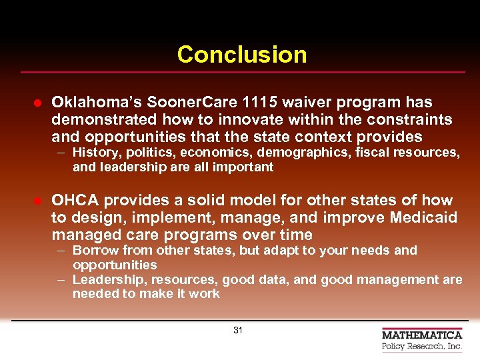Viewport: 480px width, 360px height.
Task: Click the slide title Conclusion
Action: pos(242,55)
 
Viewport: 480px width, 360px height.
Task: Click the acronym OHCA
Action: pos(75,201)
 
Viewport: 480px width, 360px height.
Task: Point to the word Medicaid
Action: pos(425,218)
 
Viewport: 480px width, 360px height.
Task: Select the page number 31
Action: pos(238,330)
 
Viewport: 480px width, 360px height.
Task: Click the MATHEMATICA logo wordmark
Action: pos(422,335)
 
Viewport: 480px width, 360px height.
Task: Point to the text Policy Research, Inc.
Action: pos(422,347)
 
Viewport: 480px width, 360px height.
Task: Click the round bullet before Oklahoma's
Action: pos(39,103)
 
